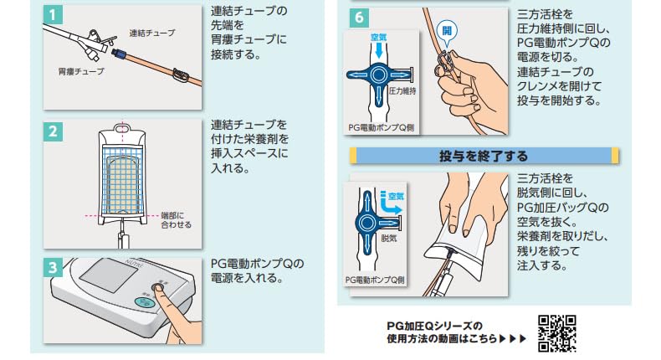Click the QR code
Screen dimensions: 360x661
pyautogui.click(x=556, y=332)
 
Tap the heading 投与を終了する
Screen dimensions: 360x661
pyautogui.click(x=484, y=156)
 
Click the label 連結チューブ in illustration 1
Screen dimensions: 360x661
pyautogui.click(x=152, y=33)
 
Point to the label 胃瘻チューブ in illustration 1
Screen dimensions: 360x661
pyautogui.click(x=81, y=71)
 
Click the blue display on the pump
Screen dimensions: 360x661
pyautogui.click(x=146, y=304)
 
